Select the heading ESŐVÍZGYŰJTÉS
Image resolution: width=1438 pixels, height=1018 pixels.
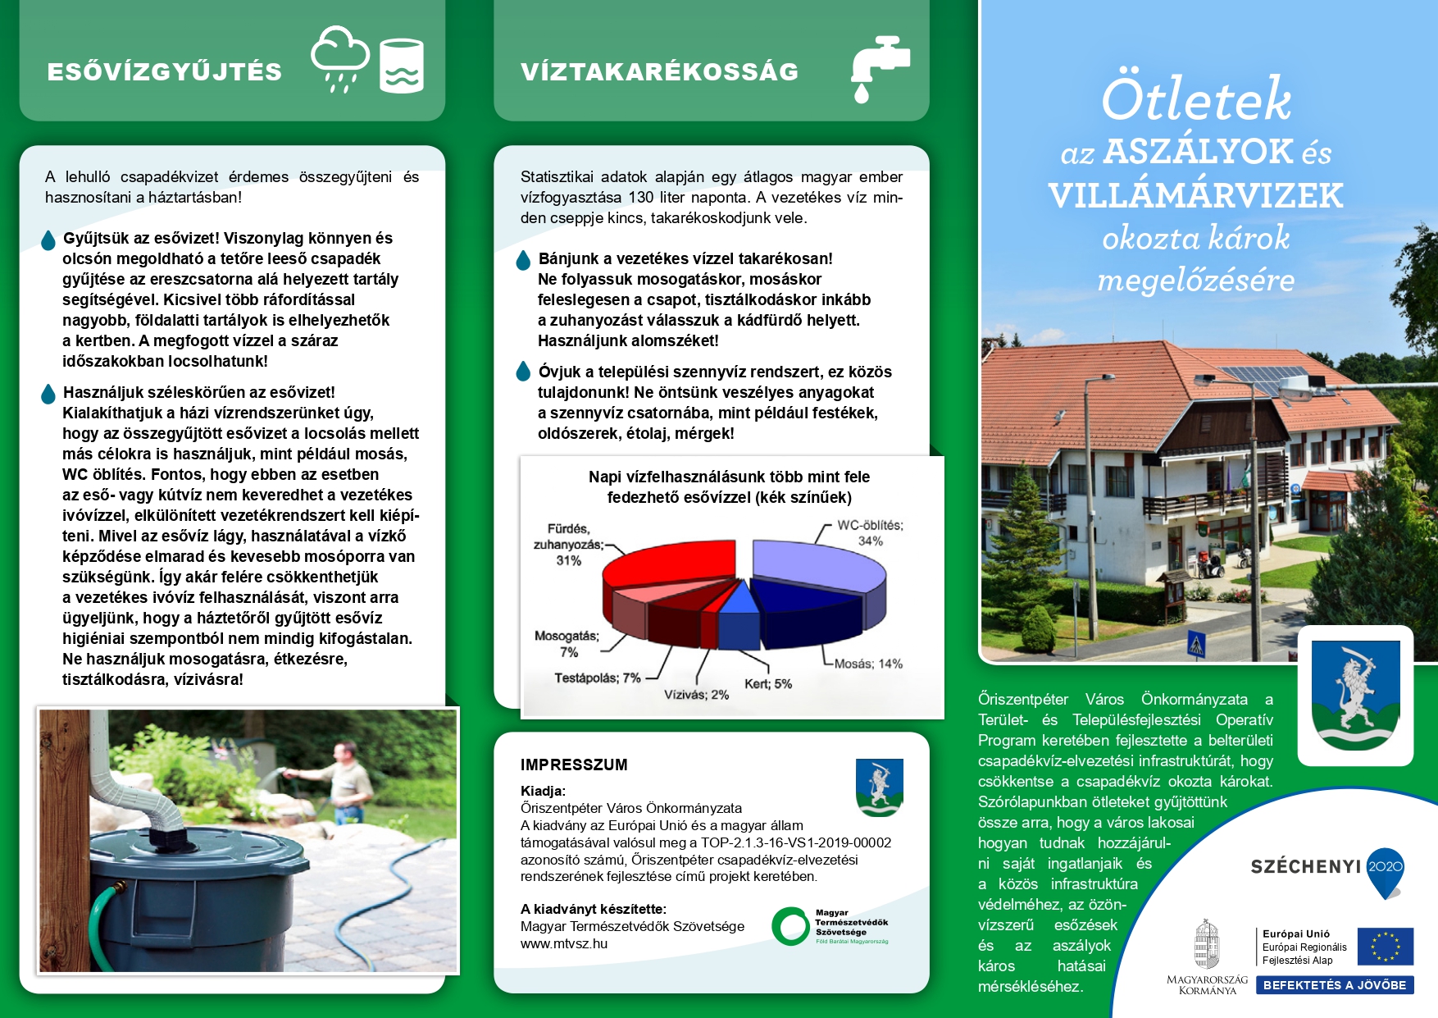[x=164, y=72]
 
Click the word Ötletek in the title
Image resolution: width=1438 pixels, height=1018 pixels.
[x=1195, y=100]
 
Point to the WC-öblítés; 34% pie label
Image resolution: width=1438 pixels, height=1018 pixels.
[x=869, y=533]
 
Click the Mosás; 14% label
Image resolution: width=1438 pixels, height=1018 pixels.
[x=867, y=664]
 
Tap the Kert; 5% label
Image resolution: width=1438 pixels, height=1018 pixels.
[x=767, y=684]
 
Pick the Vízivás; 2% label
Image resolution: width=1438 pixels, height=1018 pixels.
[x=696, y=695]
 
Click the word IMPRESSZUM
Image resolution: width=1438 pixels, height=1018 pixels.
[x=574, y=765]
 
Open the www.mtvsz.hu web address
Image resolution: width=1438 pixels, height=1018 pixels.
[x=564, y=943]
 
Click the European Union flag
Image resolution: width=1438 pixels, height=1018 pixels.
[x=1385, y=946]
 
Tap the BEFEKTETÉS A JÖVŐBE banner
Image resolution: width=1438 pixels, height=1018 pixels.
[x=1334, y=985]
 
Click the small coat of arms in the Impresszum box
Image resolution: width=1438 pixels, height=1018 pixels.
[x=879, y=787]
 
